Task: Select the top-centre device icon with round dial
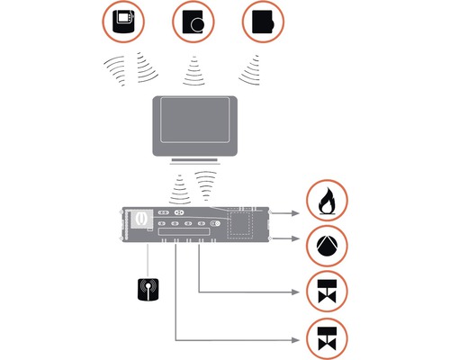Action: click(x=195, y=22)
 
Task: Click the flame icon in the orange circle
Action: click(x=327, y=203)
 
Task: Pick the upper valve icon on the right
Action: click(x=327, y=292)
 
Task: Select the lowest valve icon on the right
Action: click(x=327, y=338)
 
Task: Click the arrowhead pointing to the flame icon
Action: click(x=298, y=213)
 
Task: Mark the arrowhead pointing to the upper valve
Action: click(x=298, y=292)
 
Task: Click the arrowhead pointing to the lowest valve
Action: click(x=298, y=338)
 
